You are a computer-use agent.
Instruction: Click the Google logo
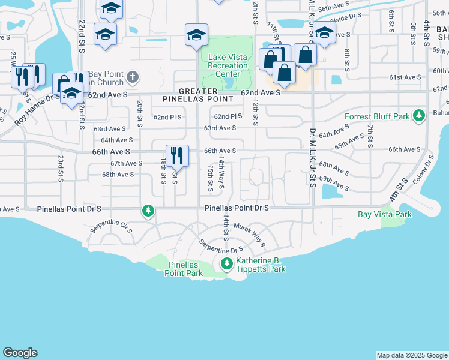coord(20,353)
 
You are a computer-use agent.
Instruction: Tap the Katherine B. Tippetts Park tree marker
coord(226,263)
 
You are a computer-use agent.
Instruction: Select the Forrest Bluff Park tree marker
coord(420,115)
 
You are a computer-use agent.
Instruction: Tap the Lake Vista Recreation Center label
coord(228,66)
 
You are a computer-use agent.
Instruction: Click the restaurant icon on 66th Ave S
coord(178,156)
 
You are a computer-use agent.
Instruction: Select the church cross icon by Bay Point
coord(133,77)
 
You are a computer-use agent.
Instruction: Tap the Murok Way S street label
coord(249,235)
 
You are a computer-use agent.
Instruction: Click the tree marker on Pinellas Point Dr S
coord(148,211)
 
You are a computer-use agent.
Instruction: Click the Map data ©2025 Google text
coord(411,355)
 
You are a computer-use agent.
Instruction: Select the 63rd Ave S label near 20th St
coord(110,128)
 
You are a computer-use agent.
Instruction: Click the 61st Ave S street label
coord(405,77)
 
